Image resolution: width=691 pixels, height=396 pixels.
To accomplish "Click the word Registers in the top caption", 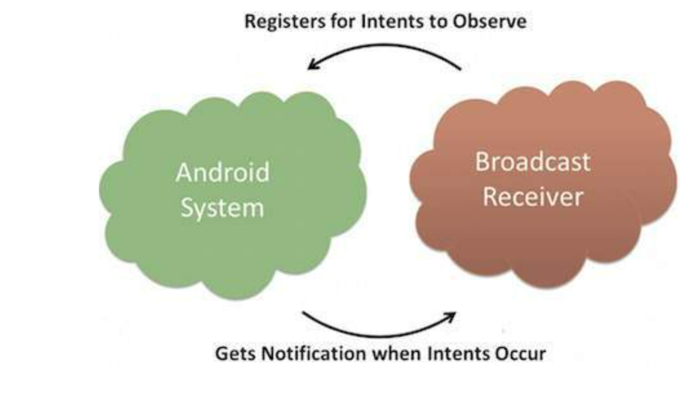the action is tap(285, 22).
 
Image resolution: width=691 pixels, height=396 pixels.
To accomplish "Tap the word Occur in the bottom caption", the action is tap(521, 353).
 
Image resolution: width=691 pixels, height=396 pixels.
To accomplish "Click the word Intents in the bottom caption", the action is tap(459, 353).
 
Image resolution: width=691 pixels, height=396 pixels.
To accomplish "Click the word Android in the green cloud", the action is tap(223, 172).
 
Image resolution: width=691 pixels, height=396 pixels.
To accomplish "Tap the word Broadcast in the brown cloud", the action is tap(532, 162).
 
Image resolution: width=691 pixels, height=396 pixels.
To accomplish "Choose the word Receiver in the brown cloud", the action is tap(533, 196).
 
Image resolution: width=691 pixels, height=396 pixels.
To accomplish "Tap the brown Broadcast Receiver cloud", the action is tap(543, 184).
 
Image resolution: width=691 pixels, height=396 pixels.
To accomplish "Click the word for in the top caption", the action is tap(344, 21).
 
